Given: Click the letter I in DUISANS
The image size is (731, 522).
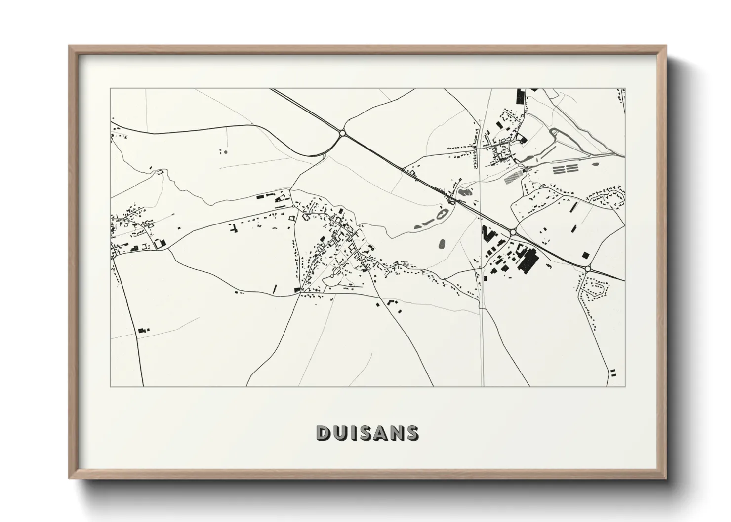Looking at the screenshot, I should click(x=352, y=433).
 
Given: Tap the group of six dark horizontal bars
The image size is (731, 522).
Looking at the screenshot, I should click(x=565, y=169).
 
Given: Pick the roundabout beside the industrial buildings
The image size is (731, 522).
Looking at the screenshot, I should click(x=513, y=231).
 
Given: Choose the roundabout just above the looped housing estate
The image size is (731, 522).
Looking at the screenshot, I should click(x=588, y=268).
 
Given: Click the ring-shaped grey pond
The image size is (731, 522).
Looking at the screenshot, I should click(x=441, y=214).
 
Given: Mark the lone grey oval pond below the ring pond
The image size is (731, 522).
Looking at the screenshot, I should click(x=442, y=243).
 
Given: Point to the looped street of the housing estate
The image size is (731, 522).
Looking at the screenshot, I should click(x=595, y=288).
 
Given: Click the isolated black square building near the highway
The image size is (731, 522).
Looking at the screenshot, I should click(x=585, y=255).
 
